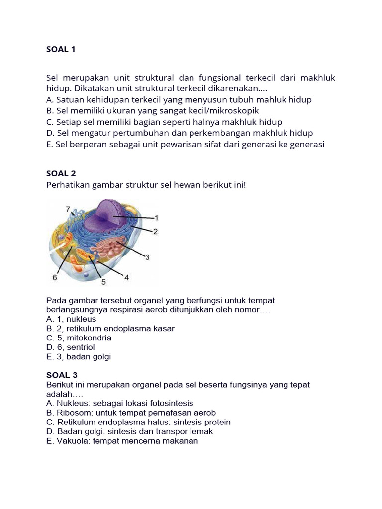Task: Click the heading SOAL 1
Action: click(61, 49)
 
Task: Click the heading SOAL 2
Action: click(61, 173)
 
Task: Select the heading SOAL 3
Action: click(61, 375)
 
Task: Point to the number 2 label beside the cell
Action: click(155, 231)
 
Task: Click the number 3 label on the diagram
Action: click(147, 256)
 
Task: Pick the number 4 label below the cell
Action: click(126, 278)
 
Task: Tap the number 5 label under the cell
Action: click(104, 282)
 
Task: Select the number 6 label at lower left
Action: click(55, 278)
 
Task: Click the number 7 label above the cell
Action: click(68, 209)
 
